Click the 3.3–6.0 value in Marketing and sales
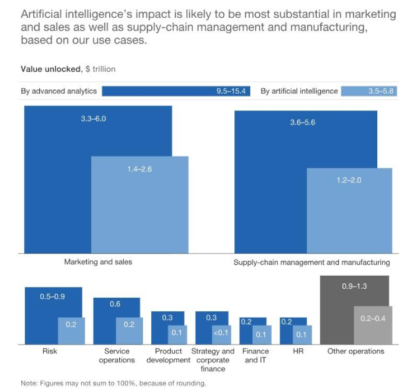pos(93,119)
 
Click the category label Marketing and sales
pos(98,262)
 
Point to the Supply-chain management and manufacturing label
pos(311,262)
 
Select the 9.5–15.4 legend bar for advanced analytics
pos(176,91)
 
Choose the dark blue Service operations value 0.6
pos(116,304)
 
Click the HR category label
pos(298,351)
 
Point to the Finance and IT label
pos(256,355)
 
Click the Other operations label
pos(355,351)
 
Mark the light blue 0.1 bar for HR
pos(302,334)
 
